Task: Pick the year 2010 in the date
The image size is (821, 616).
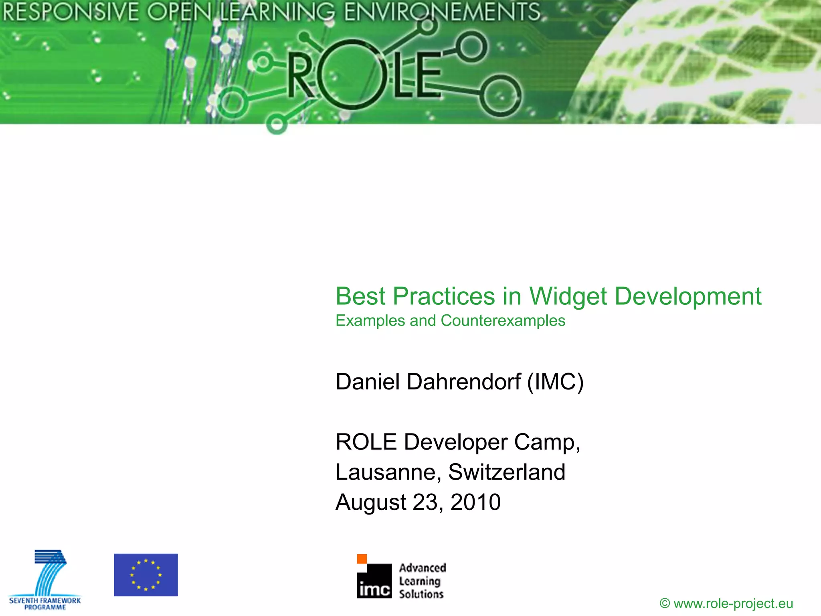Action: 475,502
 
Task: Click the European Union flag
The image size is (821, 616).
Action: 146,575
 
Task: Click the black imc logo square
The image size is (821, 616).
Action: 374,582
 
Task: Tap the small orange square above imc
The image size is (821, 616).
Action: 362,559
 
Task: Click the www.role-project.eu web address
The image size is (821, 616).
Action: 733,603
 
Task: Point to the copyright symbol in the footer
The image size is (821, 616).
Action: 665,603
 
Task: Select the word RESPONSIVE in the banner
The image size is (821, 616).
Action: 70,12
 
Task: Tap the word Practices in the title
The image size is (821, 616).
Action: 444,297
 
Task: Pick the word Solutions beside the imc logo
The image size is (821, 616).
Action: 421,594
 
